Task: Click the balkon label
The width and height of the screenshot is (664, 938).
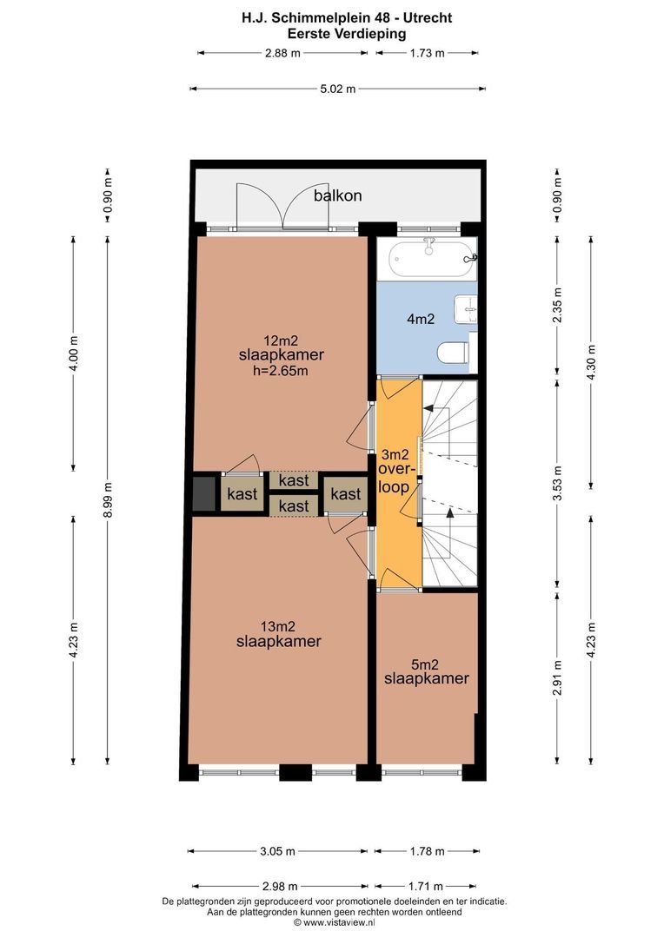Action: (x=338, y=195)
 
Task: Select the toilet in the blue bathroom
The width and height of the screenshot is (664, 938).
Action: (x=453, y=353)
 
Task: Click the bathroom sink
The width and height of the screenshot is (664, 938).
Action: (x=466, y=308)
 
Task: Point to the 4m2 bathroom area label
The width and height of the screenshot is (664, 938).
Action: (x=421, y=319)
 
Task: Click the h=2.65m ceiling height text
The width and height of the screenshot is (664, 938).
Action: (x=281, y=371)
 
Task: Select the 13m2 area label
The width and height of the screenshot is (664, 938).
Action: (x=278, y=627)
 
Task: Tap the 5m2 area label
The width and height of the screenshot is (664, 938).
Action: (x=425, y=664)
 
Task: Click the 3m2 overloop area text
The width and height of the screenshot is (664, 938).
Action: (x=395, y=455)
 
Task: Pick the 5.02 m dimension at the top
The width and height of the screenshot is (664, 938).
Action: (x=338, y=89)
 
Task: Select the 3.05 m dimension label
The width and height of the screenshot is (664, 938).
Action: (x=278, y=851)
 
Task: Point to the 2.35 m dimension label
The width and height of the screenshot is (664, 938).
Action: (x=557, y=305)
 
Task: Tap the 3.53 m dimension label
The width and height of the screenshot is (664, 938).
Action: (x=557, y=484)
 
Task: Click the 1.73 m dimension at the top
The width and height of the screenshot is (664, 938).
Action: (x=428, y=53)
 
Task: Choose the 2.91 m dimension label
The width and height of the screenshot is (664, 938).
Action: (x=557, y=677)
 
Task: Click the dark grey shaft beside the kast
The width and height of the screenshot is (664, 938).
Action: (x=203, y=493)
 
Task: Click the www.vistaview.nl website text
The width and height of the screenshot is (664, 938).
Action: (x=339, y=922)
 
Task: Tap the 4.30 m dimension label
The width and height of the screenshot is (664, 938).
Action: (x=592, y=363)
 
